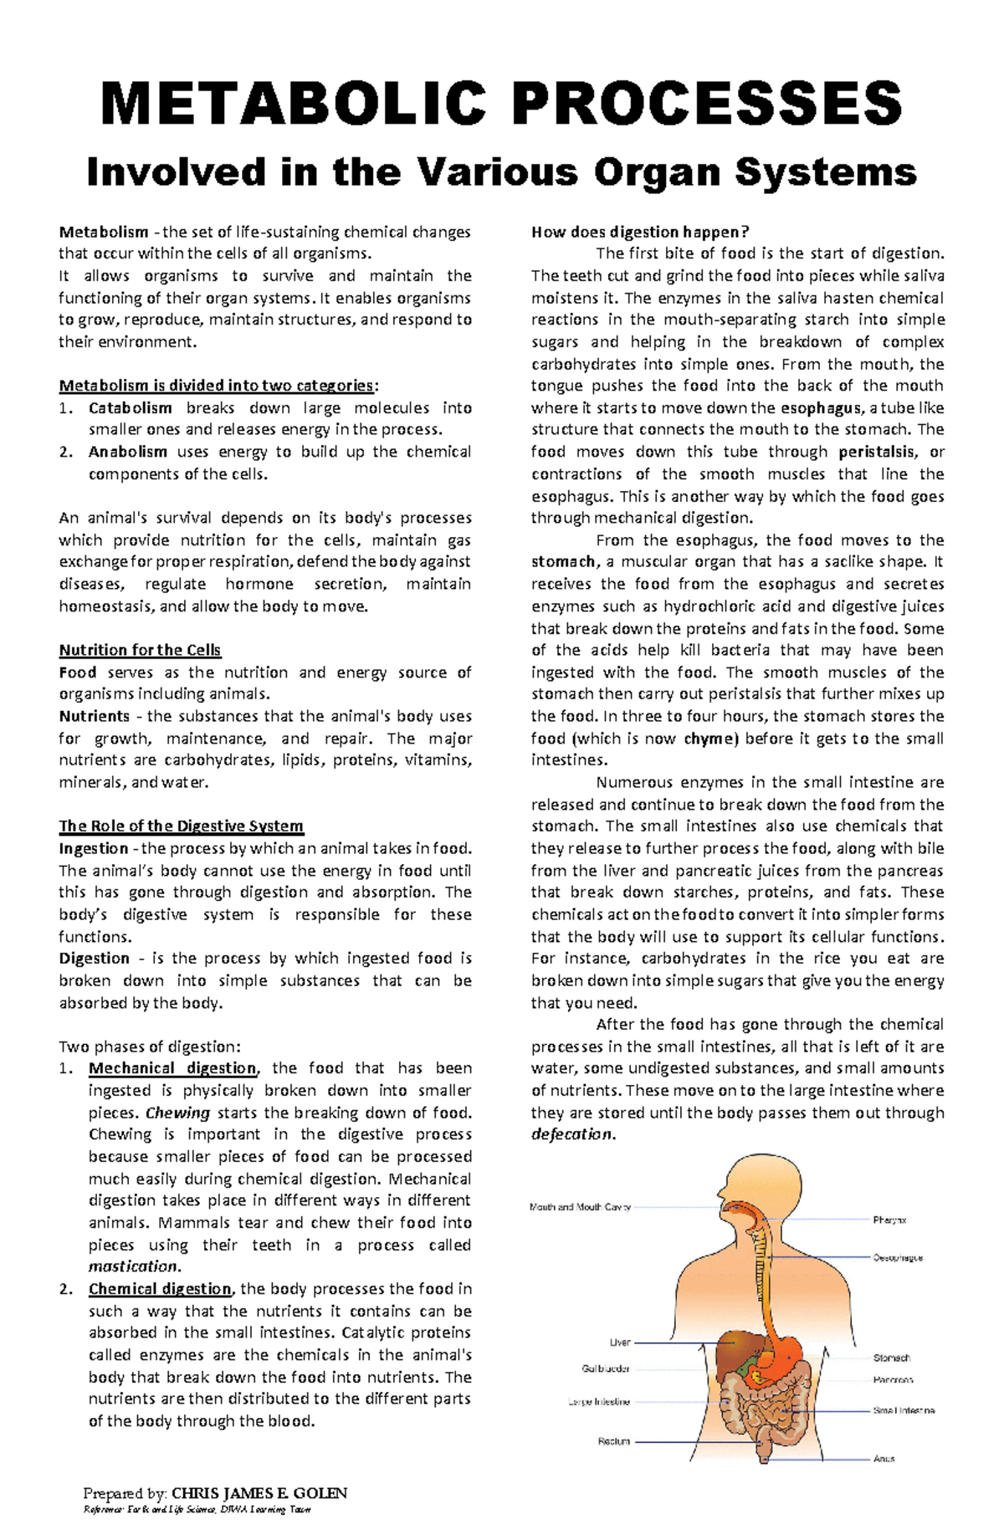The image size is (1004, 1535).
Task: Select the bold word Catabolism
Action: pos(130,408)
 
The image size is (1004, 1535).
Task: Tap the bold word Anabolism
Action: pos(128,452)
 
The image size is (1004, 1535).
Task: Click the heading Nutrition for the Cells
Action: pos(140,650)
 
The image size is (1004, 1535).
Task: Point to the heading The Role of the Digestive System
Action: pos(181,826)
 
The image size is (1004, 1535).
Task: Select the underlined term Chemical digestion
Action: pos(160,1289)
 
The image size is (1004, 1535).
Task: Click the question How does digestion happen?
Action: pos(640,232)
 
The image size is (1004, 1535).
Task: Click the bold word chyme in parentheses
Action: pos(710,739)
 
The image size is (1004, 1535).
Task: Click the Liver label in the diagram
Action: pos(620,1343)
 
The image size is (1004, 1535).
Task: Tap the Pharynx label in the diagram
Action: pos(889,1220)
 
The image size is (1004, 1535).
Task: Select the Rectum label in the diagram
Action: pos(614,1441)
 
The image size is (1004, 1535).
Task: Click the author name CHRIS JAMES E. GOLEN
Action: pos(259,1493)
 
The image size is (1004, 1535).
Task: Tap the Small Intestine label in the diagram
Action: pos(904,1410)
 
